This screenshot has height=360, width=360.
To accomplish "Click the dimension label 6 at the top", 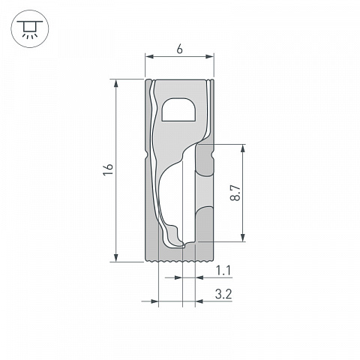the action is [179, 49].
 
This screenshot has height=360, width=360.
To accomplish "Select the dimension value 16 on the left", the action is [109, 169].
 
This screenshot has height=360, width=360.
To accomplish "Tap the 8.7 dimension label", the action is [235, 193].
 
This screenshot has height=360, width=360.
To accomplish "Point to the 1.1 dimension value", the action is [223, 271].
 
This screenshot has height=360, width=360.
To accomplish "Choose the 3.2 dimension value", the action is [223, 294].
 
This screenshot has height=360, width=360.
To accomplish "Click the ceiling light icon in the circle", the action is [30, 29].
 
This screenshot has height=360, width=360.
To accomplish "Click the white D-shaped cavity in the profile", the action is [178, 109].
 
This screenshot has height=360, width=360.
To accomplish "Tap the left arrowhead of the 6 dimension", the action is [149, 56].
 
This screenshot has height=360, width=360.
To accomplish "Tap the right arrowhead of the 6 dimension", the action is [210, 56].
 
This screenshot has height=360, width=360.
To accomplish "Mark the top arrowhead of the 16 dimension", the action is [115, 83].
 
